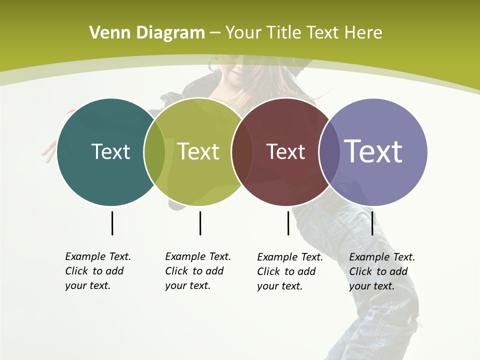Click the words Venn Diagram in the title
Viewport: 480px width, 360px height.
tap(147, 33)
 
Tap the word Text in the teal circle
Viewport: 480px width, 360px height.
tap(110, 151)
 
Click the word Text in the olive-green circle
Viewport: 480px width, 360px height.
tap(198, 151)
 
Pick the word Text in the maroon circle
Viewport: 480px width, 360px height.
tap(285, 151)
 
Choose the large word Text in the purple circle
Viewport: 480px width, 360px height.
tap(373, 151)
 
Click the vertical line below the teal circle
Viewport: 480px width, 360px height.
tap(112, 223)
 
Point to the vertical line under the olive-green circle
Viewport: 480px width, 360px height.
tap(200, 223)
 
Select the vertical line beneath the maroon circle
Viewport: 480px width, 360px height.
tap(288, 223)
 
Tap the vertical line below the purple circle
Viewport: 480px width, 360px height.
tap(372, 223)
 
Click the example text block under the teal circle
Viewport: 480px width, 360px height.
tap(98, 271)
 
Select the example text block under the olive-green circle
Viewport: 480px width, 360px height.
tap(198, 271)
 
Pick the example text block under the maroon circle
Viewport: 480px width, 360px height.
tap(290, 271)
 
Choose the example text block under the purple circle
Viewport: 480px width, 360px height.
tap(382, 271)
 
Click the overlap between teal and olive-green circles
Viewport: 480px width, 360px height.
tap(154, 151)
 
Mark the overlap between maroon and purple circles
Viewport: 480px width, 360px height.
tap(329, 151)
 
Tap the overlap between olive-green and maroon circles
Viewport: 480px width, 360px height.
tap(242, 151)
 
